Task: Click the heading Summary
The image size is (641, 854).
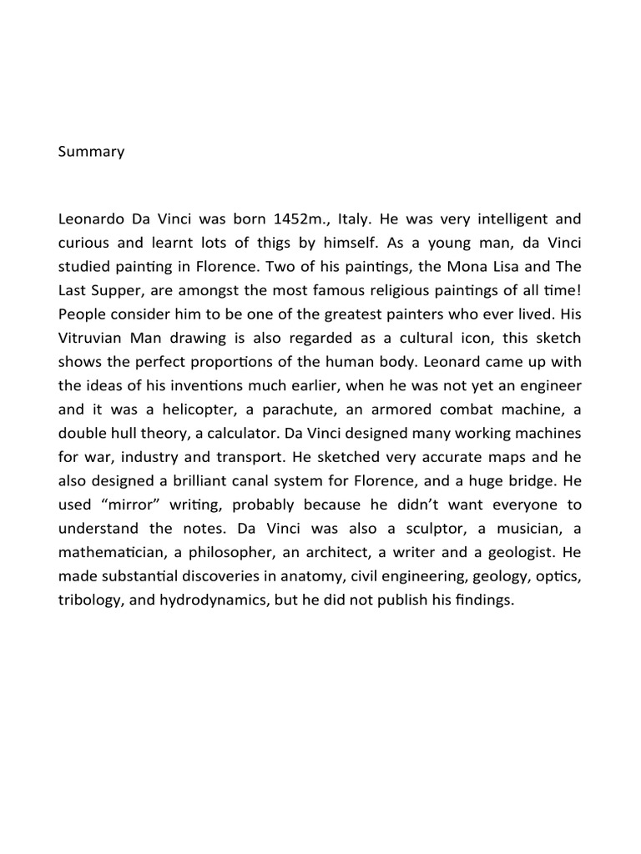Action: pyautogui.click(x=92, y=152)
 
